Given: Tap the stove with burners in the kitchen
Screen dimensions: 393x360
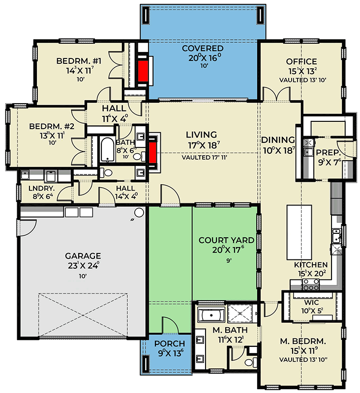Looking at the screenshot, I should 311,283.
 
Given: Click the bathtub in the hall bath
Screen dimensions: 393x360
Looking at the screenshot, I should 107,150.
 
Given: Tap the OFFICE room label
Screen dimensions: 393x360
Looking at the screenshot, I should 301,61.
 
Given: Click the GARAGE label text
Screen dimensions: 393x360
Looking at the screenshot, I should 83,256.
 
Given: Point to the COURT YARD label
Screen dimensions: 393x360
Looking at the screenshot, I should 226,240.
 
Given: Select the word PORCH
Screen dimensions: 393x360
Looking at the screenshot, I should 169,343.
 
